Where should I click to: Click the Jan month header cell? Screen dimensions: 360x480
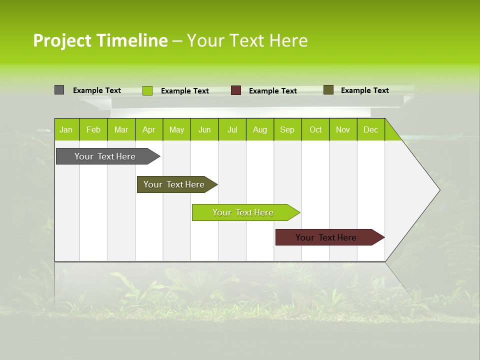[66, 129]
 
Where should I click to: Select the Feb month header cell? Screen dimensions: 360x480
[93, 129]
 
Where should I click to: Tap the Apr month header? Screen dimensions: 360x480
[149, 129]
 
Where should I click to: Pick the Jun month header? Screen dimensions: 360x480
[204, 129]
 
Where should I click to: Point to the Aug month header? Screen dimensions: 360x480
[260, 129]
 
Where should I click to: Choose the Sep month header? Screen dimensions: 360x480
[287, 129]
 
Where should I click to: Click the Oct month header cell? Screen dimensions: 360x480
[315, 129]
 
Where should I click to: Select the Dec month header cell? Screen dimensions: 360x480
[371, 129]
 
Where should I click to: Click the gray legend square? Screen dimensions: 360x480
[59, 90]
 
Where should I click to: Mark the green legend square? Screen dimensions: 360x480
[147, 90]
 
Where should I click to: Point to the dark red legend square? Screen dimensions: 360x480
[236, 90]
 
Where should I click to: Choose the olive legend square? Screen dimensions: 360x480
[328, 90]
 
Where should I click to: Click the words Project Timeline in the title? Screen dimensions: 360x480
[100, 40]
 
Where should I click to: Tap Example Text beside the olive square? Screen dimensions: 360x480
[364, 90]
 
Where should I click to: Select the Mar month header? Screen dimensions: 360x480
[121, 129]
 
